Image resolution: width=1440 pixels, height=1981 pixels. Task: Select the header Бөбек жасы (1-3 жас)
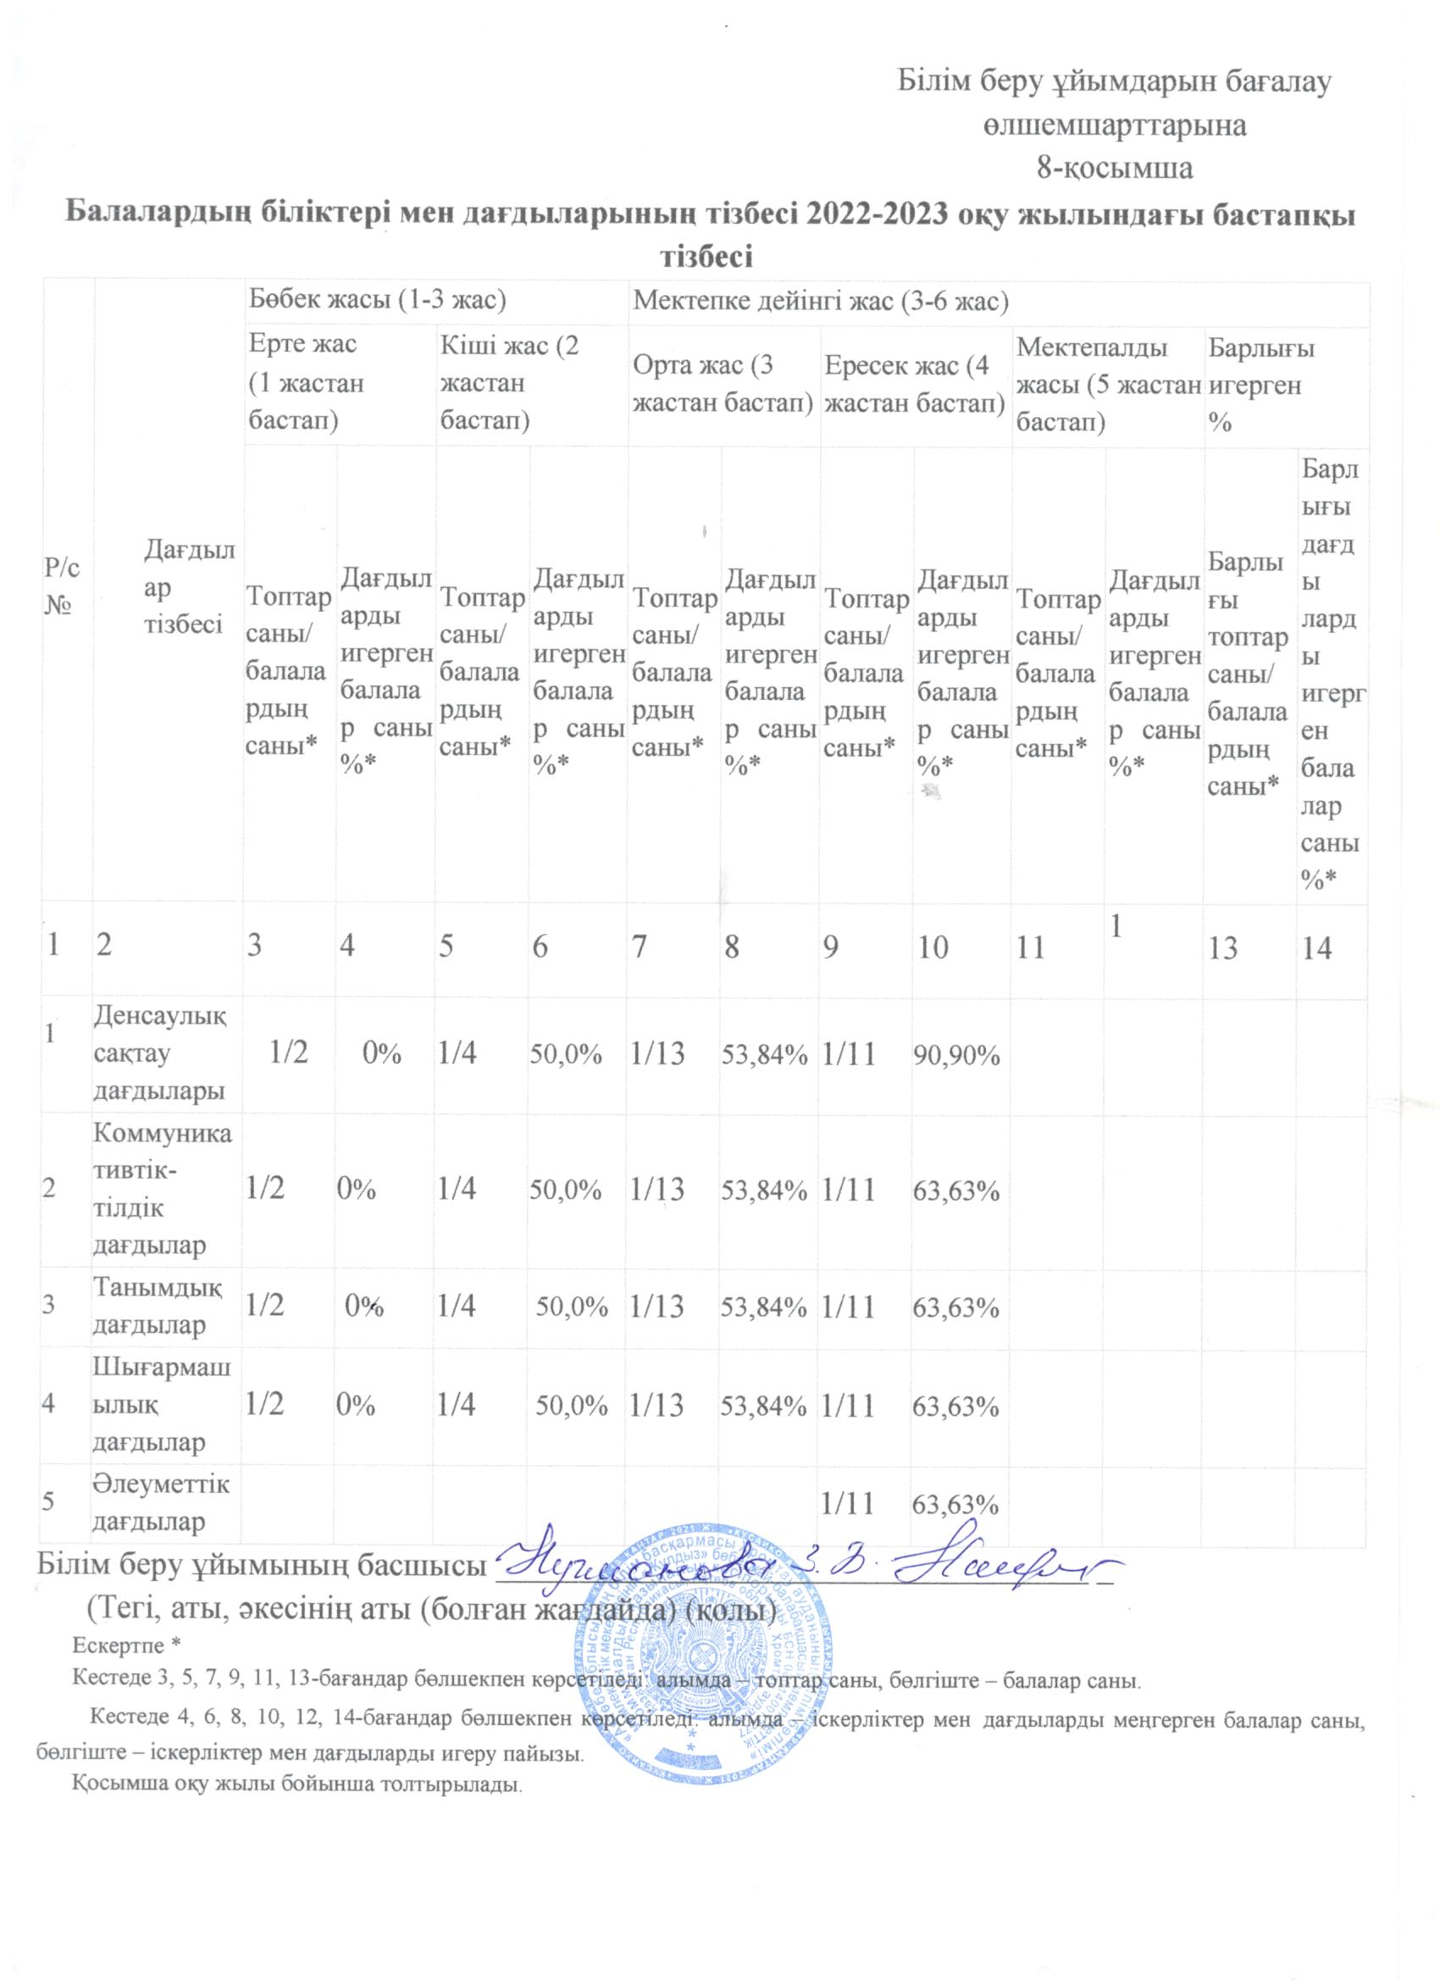click(x=377, y=303)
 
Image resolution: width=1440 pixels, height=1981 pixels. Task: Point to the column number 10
click(x=933, y=947)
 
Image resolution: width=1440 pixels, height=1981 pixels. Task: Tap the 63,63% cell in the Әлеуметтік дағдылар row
click(x=955, y=1504)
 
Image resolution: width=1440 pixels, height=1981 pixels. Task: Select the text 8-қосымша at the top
click(x=1114, y=168)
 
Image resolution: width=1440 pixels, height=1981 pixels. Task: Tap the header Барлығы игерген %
click(x=1261, y=386)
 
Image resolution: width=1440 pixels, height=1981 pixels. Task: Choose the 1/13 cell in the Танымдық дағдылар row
click(x=657, y=1306)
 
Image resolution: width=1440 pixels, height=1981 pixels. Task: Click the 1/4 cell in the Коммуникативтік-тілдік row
click(x=457, y=1189)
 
